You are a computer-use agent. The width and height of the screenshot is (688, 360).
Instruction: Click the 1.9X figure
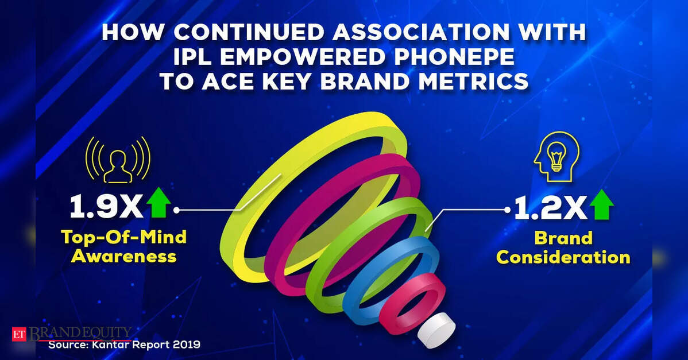coord(106,207)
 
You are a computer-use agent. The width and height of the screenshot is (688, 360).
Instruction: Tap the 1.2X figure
coord(550,208)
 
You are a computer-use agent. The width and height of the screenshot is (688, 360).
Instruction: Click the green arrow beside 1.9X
coord(159,203)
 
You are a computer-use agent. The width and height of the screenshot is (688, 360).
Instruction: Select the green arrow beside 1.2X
coord(601,204)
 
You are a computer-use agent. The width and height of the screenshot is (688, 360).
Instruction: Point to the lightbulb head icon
coord(556,157)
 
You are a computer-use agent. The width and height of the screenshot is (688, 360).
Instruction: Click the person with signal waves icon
coord(118,160)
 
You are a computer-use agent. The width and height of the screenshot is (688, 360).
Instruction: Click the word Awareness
coord(123,256)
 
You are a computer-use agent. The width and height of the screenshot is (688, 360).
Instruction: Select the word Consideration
coord(563,257)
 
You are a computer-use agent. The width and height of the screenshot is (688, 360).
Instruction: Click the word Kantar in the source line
coord(111,344)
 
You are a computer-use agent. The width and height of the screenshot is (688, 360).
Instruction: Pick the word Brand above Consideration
coord(563,238)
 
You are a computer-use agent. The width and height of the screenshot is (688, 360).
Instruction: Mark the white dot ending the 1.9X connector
coord(176,210)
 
